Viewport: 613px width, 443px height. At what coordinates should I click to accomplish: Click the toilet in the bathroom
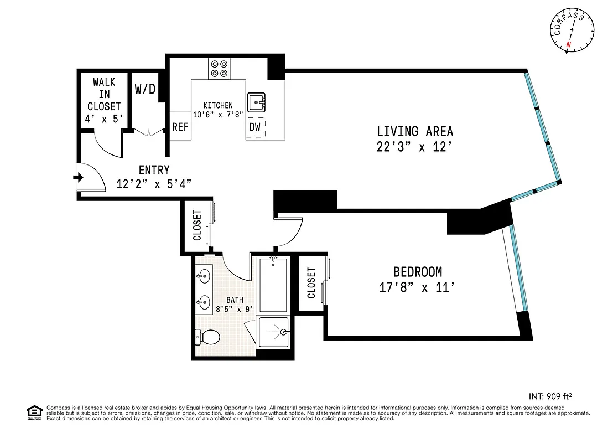(x=209, y=336)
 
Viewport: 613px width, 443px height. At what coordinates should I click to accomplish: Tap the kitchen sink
(x=256, y=102)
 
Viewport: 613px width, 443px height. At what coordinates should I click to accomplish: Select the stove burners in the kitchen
(x=219, y=68)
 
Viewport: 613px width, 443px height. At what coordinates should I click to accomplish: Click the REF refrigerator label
(x=180, y=127)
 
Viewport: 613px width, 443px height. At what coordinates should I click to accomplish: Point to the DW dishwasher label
(x=254, y=127)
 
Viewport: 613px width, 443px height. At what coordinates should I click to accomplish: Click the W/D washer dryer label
(x=145, y=89)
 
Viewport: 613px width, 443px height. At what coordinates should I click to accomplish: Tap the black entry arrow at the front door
(x=79, y=178)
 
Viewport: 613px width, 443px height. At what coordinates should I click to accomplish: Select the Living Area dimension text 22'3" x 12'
(x=415, y=148)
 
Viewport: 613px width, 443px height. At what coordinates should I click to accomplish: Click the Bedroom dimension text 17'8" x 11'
(x=418, y=287)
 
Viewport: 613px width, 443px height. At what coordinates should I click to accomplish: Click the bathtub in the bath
(x=273, y=285)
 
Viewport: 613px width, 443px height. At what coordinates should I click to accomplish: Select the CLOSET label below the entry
(x=196, y=226)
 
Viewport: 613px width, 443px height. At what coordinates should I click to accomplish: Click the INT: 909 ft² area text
(x=550, y=396)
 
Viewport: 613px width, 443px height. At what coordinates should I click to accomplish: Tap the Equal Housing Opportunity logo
(x=34, y=413)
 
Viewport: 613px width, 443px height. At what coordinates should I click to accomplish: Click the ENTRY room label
(x=154, y=171)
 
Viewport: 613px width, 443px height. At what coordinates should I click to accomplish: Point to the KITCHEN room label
(x=218, y=105)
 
